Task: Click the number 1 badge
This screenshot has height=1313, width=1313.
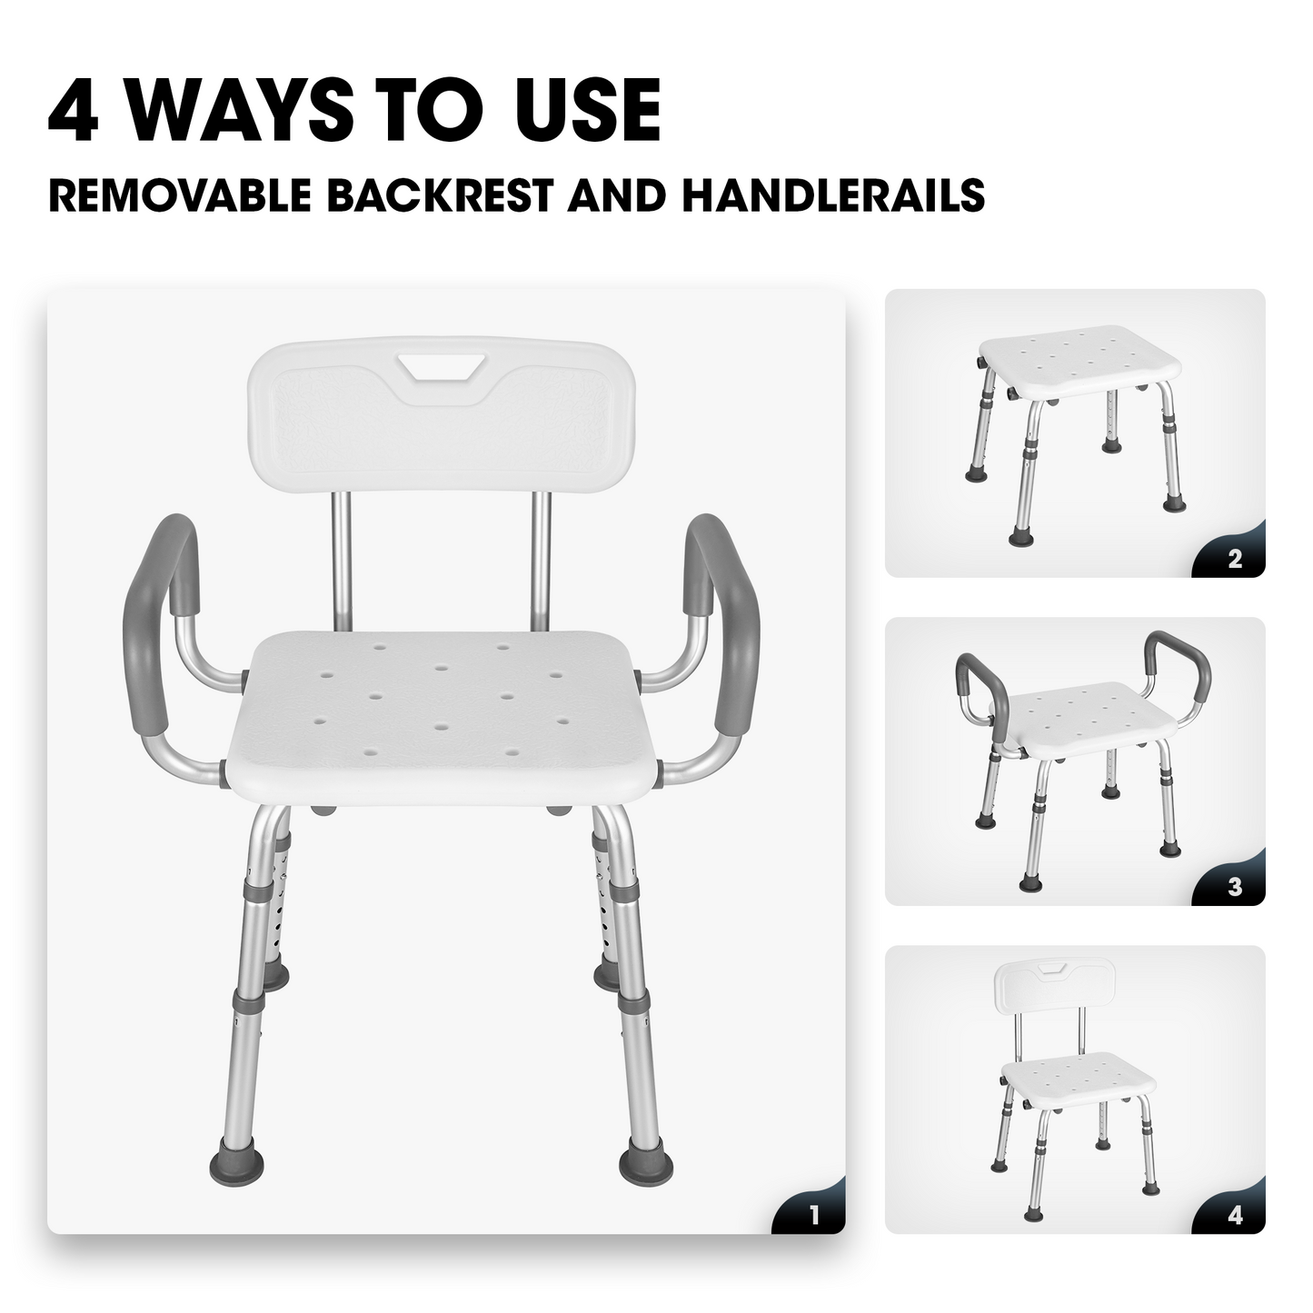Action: click(813, 1216)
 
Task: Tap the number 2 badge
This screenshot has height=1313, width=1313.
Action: click(1234, 560)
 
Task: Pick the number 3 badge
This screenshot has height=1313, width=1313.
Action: click(1234, 888)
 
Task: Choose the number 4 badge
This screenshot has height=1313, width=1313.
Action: click(1234, 1216)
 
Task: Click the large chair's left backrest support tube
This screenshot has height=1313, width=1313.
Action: click(341, 559)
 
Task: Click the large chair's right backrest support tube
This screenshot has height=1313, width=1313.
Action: click(542, 559)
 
